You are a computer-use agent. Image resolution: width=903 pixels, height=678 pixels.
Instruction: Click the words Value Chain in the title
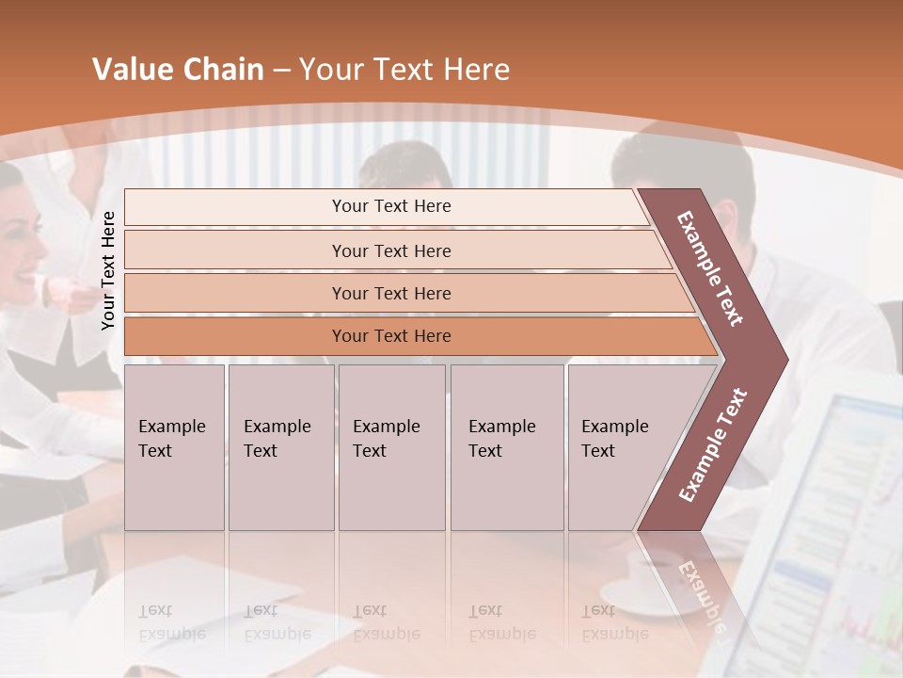point(178,70)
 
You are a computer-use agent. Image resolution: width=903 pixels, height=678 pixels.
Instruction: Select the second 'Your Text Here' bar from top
point(391,250)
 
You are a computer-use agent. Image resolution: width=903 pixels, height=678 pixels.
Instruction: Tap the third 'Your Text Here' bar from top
point(391,293)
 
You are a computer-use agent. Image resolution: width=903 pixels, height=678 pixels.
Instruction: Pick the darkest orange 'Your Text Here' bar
point(391,336)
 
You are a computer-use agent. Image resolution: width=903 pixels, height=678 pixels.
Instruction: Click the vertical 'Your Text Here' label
point(108,270)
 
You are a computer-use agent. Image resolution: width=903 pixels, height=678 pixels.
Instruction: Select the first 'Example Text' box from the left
point(174,447)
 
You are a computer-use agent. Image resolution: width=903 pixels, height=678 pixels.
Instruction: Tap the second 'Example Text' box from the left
point(281,447)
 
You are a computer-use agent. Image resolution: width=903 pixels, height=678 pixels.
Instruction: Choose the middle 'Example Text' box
point(391,447)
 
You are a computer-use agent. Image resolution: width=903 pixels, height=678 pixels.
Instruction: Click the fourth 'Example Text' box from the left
point(507,447)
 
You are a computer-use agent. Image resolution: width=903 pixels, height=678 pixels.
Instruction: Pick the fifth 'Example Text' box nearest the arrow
point(616,447)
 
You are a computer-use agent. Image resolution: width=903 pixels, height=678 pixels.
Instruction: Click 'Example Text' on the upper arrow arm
point(710,268)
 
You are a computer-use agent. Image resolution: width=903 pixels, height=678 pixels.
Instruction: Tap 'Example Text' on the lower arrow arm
point(712,445)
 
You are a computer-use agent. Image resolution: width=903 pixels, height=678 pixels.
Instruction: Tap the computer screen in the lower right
point(828,527)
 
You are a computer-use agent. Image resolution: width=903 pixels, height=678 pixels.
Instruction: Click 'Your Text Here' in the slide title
point(404,70)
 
